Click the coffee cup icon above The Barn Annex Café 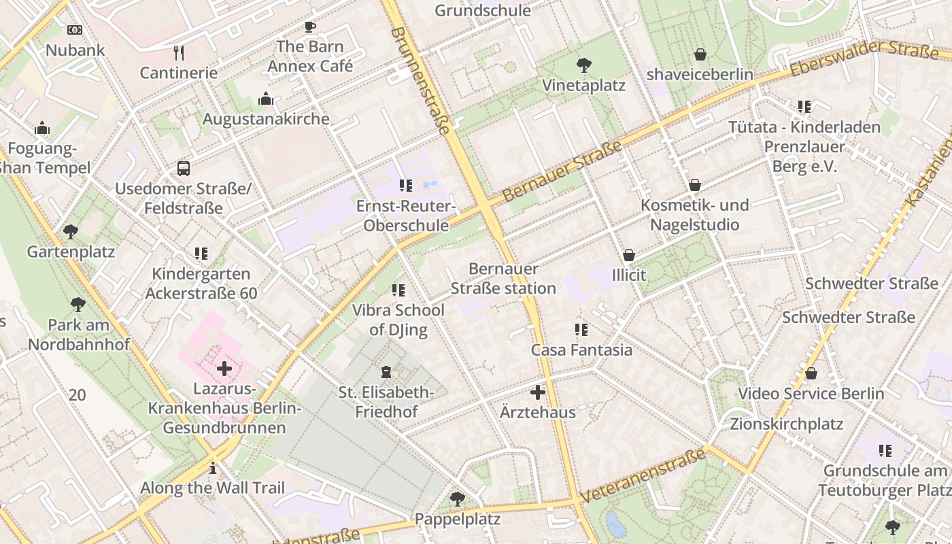coord(310,27)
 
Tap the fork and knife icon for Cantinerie coord(179,53)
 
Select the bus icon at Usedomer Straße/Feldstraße coord(183,169)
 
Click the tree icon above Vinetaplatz coord(583,65)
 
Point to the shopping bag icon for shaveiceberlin coord(700,54)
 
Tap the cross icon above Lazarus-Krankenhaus coord(224,369)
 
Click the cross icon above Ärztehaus coord(537,392)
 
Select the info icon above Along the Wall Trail coord(213,468)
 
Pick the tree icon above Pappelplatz coord(458,499)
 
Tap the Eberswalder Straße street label coord(864,58)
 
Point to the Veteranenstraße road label coord(642,476)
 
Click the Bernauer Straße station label coord(503,279)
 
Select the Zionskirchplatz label coord(786,424)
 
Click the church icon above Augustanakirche coord(266,99)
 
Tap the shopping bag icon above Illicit coord(629,256)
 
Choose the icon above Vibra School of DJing coord(398,290)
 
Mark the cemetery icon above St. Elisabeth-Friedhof coord(386,372)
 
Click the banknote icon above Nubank coord(75,30)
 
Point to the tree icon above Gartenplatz coord(71,232)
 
